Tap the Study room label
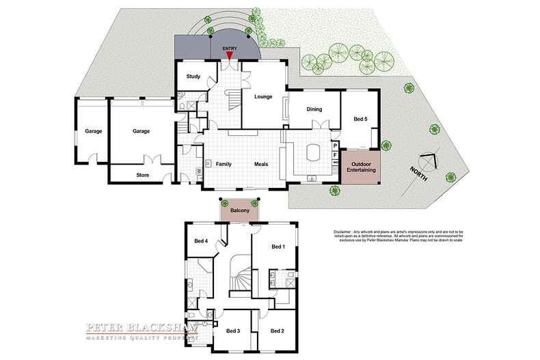pyautogui.click(x=193, y=77)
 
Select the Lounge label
pyautogui.click(x=263, y=97)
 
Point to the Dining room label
pyautogui.click(x=314, y=109)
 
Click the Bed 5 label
pyautogui.click(x=360, y=120)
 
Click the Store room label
pyautogui.click(x=142, y=175)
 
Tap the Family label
pyautogui.click(x=224, y=165)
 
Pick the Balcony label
pyautogui.click(x=240, y=211)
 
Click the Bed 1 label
pyautogui.click(x=278, y=247)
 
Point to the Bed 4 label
pyautogui.click(x=201, y=240)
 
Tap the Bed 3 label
pyautogui.click(x=232, y=331)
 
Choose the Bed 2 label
pyautogui.click(x=277, y=331)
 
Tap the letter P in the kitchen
pyautogui.click(x=336, y=146)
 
